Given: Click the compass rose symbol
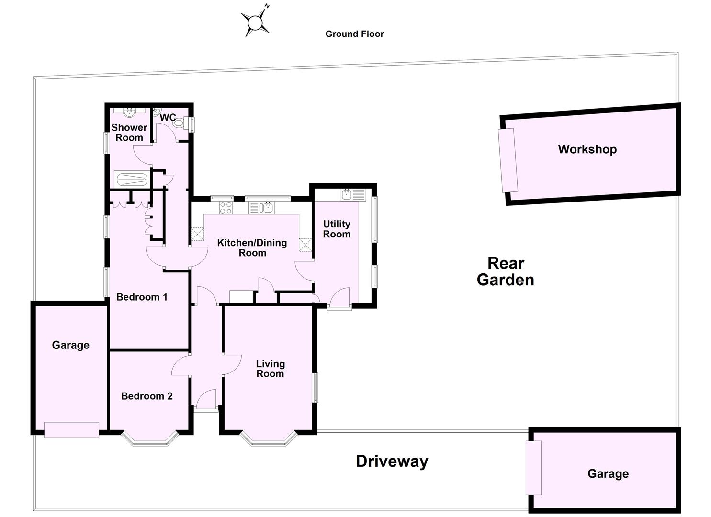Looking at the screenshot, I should pos(256,22).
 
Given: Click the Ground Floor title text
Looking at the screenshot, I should pos(354,34).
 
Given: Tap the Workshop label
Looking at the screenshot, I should pos(587,149).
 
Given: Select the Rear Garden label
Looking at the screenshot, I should pos(506,271).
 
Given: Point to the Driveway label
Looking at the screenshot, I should pos(392,461).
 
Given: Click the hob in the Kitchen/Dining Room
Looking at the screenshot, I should pos(226,208).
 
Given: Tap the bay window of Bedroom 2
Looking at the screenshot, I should pos(149,439).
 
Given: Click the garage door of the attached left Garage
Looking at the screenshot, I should pos(71,429).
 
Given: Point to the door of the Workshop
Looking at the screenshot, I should pos(508,160).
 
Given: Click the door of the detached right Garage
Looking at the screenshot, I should pos(533,468).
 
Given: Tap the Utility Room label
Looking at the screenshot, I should pos(337,229).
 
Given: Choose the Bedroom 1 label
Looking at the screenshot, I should pos(142,297).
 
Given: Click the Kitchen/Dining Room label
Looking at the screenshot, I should pos(252,248).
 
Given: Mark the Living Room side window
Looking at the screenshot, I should pos(316,387).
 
